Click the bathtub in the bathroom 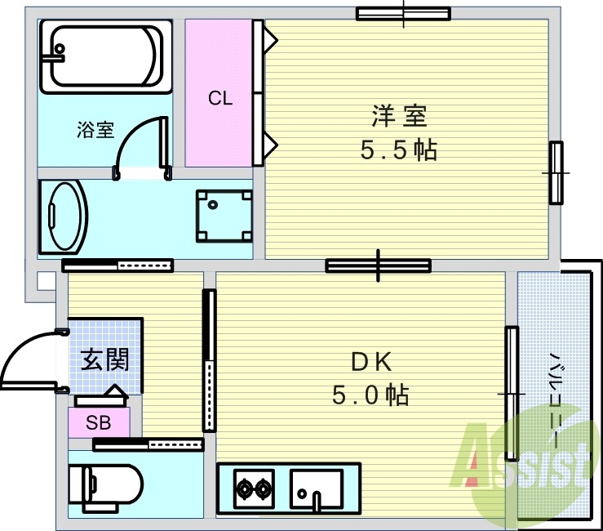pos(106,58)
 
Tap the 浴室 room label pos(95,130)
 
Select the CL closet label pos(219,99)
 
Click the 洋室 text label pos(399,116)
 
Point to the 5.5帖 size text pos(399,150)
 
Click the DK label pos(372,360)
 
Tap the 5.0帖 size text pos(370,395)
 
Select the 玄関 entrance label pos(104,359)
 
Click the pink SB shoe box pos(99,422)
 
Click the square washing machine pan pos(223,216)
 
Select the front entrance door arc pos(29,355)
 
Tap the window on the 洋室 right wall pos(556,172)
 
